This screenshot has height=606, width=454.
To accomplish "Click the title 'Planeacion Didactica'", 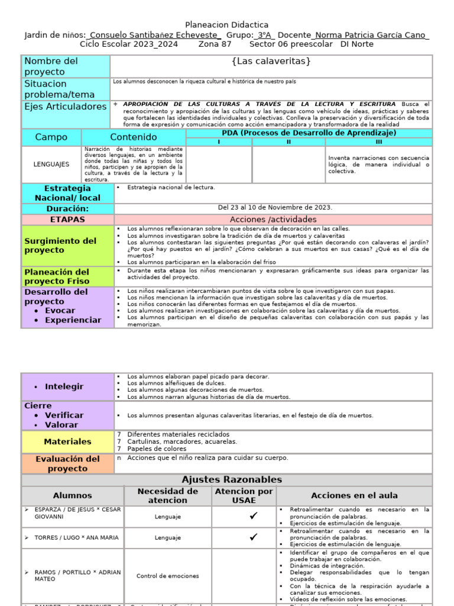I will coord(227,25).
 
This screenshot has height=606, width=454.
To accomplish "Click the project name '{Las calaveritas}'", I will coord(271,62).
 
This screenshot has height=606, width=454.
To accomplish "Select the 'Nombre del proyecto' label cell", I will coord(66,66).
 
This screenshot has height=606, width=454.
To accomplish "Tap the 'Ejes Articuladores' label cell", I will coord(66,107).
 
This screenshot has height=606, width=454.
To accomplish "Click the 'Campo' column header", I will coord(51,137).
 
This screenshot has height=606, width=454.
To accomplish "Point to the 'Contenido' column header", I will coord(134,137).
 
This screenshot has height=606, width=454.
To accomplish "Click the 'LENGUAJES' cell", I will coord(51,164).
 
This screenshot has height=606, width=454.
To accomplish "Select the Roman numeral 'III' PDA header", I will coord(380,142).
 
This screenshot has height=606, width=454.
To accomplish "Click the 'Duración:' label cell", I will coord(67,209).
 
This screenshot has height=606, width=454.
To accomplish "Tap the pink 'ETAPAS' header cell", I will coord(67,220).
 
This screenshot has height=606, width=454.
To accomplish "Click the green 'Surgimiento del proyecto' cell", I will coord(67,245).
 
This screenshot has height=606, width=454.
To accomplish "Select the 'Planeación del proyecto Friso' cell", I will coord(67,276).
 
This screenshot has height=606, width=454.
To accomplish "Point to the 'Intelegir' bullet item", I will coord(64,386).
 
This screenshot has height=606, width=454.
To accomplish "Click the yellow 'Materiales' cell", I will coord(67,441).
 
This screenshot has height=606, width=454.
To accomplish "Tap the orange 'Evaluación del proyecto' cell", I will coord(67,463).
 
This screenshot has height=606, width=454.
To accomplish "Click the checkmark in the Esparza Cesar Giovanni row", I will coord(253,516).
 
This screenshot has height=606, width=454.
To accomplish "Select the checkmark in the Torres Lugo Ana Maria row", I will coord(253,537).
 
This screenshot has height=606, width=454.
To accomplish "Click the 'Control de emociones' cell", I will coord(167,576).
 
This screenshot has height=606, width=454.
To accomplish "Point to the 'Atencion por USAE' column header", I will coord(244,496).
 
